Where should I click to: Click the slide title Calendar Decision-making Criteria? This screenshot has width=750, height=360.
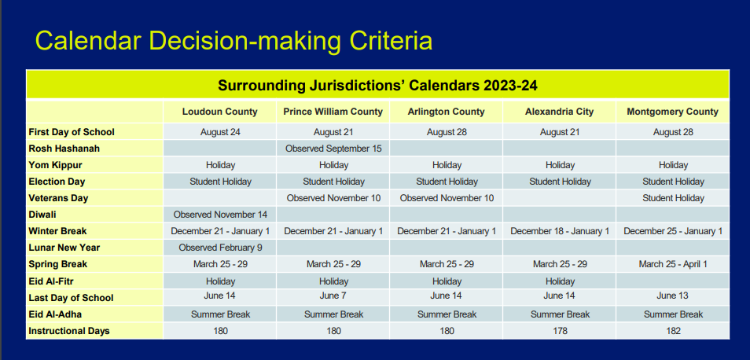(x=234, y=41)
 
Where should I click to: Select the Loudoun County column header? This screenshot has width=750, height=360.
(x=219, y=112)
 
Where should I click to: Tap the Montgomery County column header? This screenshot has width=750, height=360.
(x=672, y=112)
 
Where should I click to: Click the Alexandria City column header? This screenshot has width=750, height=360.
(x=559, y=112)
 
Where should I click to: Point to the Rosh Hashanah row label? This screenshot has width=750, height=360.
(x=64, y=149)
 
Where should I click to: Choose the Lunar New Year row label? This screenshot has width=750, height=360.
(x=64, y=248)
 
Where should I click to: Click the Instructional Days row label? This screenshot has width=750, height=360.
(x=69, y=331)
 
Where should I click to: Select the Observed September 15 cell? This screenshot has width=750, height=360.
(x=333, y=149)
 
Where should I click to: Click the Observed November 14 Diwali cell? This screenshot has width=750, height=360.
(x=220, y=215)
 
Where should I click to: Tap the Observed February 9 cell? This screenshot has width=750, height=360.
(x=220, y=248)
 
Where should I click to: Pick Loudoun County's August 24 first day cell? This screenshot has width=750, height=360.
(x=220, y=132)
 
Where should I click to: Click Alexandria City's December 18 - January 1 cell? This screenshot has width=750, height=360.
(x=560, y=231)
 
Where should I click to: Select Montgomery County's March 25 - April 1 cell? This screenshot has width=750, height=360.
(x=673, y=264)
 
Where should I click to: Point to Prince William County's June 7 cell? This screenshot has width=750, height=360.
(x=333, y=296)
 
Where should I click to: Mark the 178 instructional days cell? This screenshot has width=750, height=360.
(x=560, y=331)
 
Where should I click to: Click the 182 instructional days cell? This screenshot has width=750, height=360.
(x=673, y=331)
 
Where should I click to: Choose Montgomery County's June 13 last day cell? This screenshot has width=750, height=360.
(x=673, y=296)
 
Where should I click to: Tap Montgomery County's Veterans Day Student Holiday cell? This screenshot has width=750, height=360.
(x=673, y=198)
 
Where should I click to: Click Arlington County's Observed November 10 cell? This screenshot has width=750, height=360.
(x=447, y=198)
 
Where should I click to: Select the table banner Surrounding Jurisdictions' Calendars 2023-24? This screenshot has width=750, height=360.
(x=377, y=86)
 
